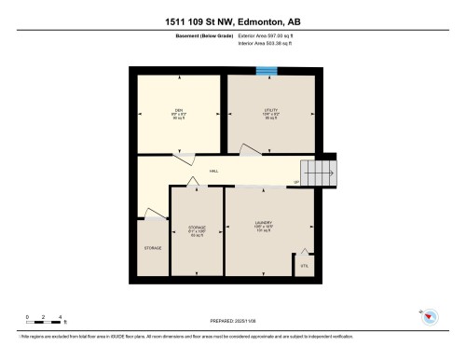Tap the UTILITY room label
pos(271,109)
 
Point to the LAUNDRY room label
pos(262,223)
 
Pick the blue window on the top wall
pos(267,70)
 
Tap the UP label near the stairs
pos(296,181)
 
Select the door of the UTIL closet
pos(303,252)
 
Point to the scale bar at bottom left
pos(43,319)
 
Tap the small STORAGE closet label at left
pos(152,248)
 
